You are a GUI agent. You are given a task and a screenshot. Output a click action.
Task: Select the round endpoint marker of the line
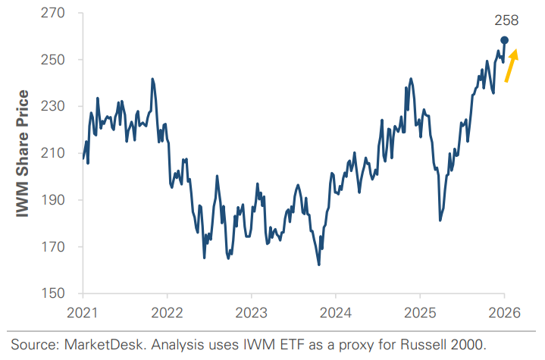(x=504, y=40)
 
